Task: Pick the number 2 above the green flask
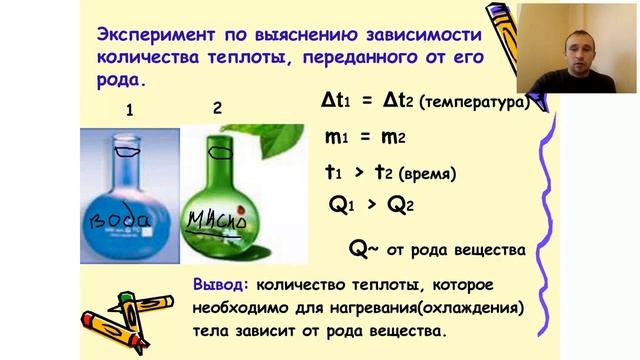pos(218,105)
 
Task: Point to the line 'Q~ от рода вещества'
pos(437,249)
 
